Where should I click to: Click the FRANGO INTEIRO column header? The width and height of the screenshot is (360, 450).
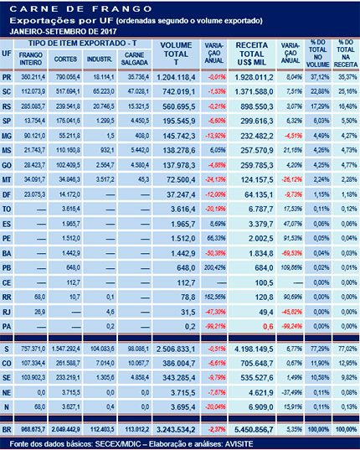(31, 59)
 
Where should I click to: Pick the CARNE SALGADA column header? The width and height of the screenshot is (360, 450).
(134, 59)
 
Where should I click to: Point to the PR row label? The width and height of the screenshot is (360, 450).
(8, 75)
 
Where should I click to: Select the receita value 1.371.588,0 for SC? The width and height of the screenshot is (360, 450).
(252, 90)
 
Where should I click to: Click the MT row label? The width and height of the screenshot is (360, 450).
(8, 179)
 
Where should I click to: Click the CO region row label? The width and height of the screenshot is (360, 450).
(8, 363)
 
